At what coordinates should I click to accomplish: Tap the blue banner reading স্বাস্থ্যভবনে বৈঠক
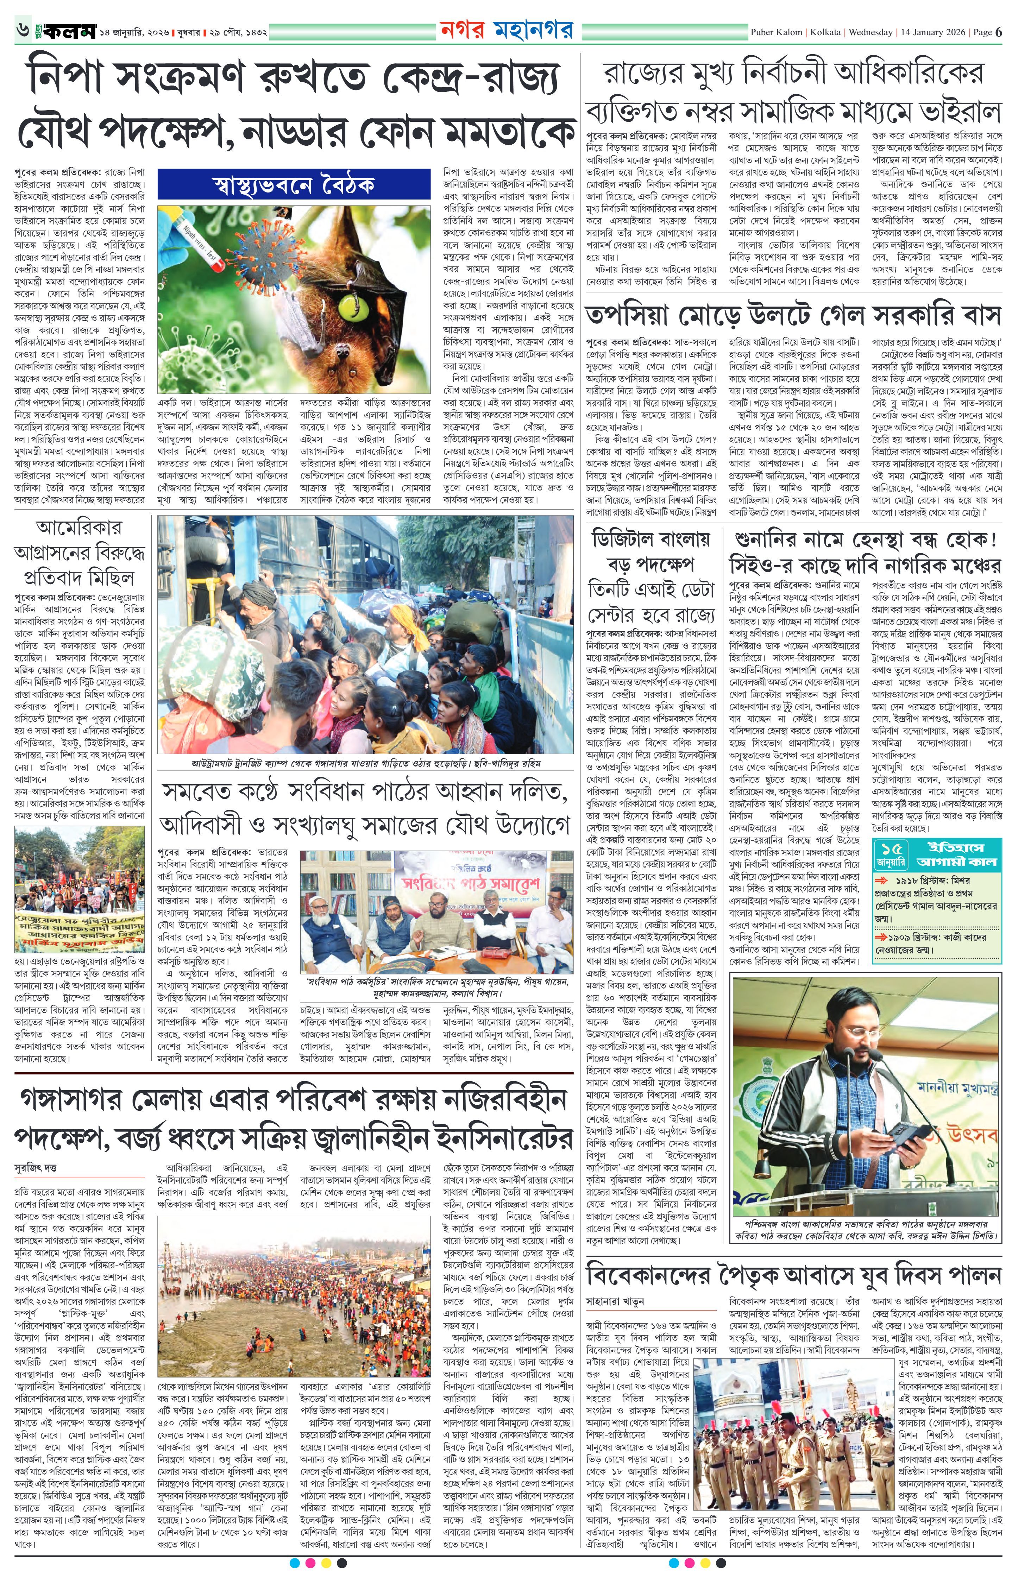point(294,186)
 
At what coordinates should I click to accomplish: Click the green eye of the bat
point(348,305)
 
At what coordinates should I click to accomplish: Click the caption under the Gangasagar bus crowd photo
point(365,764)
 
